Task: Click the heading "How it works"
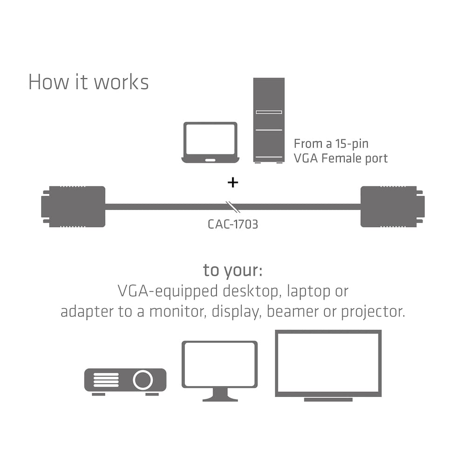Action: coord(89,82)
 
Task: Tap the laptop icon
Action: coord(210,143)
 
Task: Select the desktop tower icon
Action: coord(269,120)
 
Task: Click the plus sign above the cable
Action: coord(233,182)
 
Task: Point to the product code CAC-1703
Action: coord(233,224)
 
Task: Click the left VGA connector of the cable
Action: coord(75,206)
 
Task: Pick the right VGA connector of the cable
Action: coord(391,206)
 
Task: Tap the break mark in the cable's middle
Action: coord(231,206)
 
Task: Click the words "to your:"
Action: coord(233,270)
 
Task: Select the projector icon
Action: coord(125,381)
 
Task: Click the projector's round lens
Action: coord(143,380)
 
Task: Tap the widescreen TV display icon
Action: coord(328,365)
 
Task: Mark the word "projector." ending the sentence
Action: coord(373,311)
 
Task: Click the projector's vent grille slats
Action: coord(106,380)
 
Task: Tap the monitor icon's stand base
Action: coord(219,398)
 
